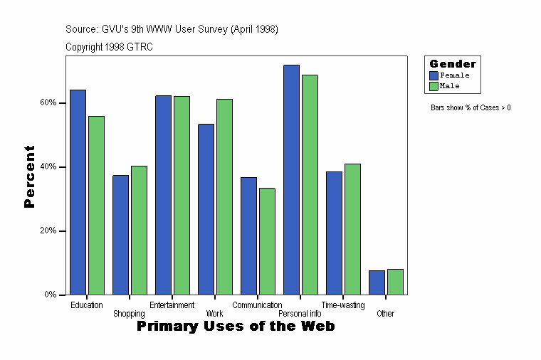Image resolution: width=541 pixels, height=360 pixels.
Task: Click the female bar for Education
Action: (x=78, y=192)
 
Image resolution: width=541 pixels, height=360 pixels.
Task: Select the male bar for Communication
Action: (x=267, y=241)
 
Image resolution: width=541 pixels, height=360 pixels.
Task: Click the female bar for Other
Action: (x=377, y=282)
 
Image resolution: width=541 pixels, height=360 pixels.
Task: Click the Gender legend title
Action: (x=453, y=64)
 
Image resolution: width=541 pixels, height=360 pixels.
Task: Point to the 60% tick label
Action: (x=48, y=102)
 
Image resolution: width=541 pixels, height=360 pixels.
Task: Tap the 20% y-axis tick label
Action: (x=48, y=231)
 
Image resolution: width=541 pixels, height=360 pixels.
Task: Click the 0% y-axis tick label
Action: (x=50, y=295)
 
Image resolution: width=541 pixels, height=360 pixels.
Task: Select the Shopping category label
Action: (x=129, y=314)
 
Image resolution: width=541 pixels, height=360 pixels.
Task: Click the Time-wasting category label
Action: (x=343, y=305)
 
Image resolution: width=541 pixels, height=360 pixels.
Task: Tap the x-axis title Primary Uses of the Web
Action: (x=236, y=327)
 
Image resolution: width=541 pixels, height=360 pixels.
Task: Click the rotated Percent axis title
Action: (x=29, y=176)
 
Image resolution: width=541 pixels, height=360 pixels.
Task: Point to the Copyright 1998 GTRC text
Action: (x=109, y=47)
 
